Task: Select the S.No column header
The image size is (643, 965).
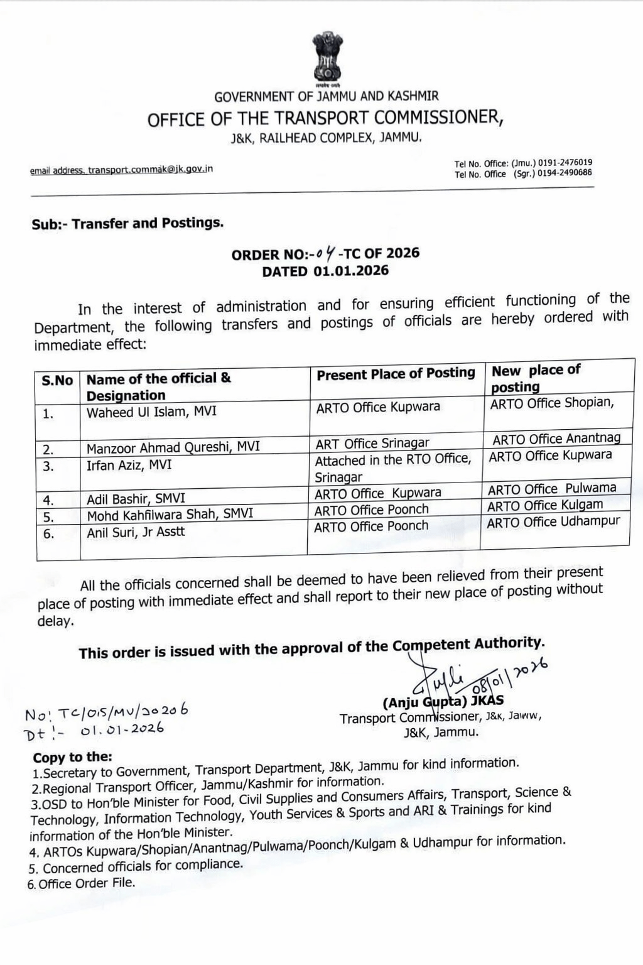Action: coord(57,381)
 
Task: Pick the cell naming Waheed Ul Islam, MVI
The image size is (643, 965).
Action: coord(151,412)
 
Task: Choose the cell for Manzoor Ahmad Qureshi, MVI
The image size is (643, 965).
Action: coord(173,447)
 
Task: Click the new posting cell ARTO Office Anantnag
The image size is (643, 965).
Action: coord(556,439)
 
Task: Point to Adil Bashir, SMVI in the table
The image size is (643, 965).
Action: coord(136,499)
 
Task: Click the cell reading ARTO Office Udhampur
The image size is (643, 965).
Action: coord(553,522)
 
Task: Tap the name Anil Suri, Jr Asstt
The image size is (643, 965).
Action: coord(136,532)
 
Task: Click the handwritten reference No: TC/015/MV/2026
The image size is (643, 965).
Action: coord(106,712)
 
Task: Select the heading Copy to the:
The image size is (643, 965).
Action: coord(72,757)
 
